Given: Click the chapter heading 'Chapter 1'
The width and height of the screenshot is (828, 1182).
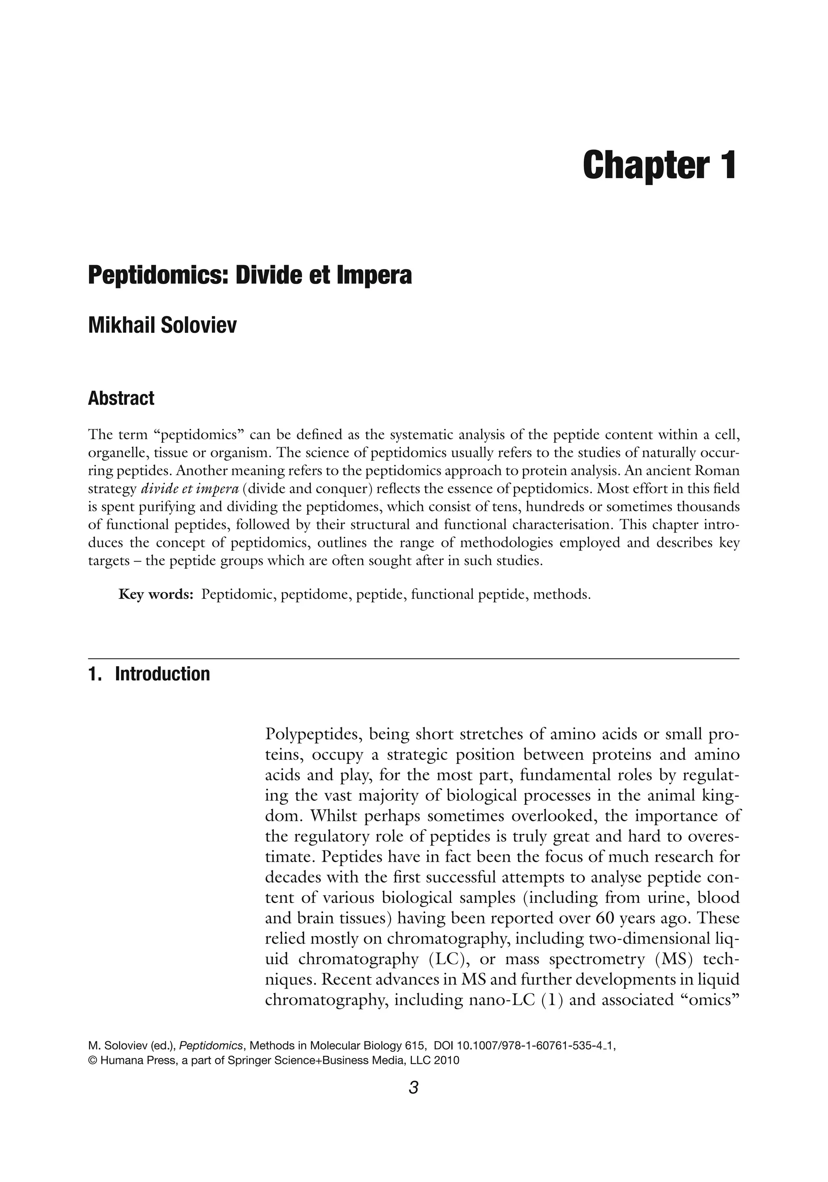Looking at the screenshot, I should (x=659, y=165).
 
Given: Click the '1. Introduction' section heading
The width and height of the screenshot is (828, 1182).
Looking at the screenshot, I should (x=150, y=674).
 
